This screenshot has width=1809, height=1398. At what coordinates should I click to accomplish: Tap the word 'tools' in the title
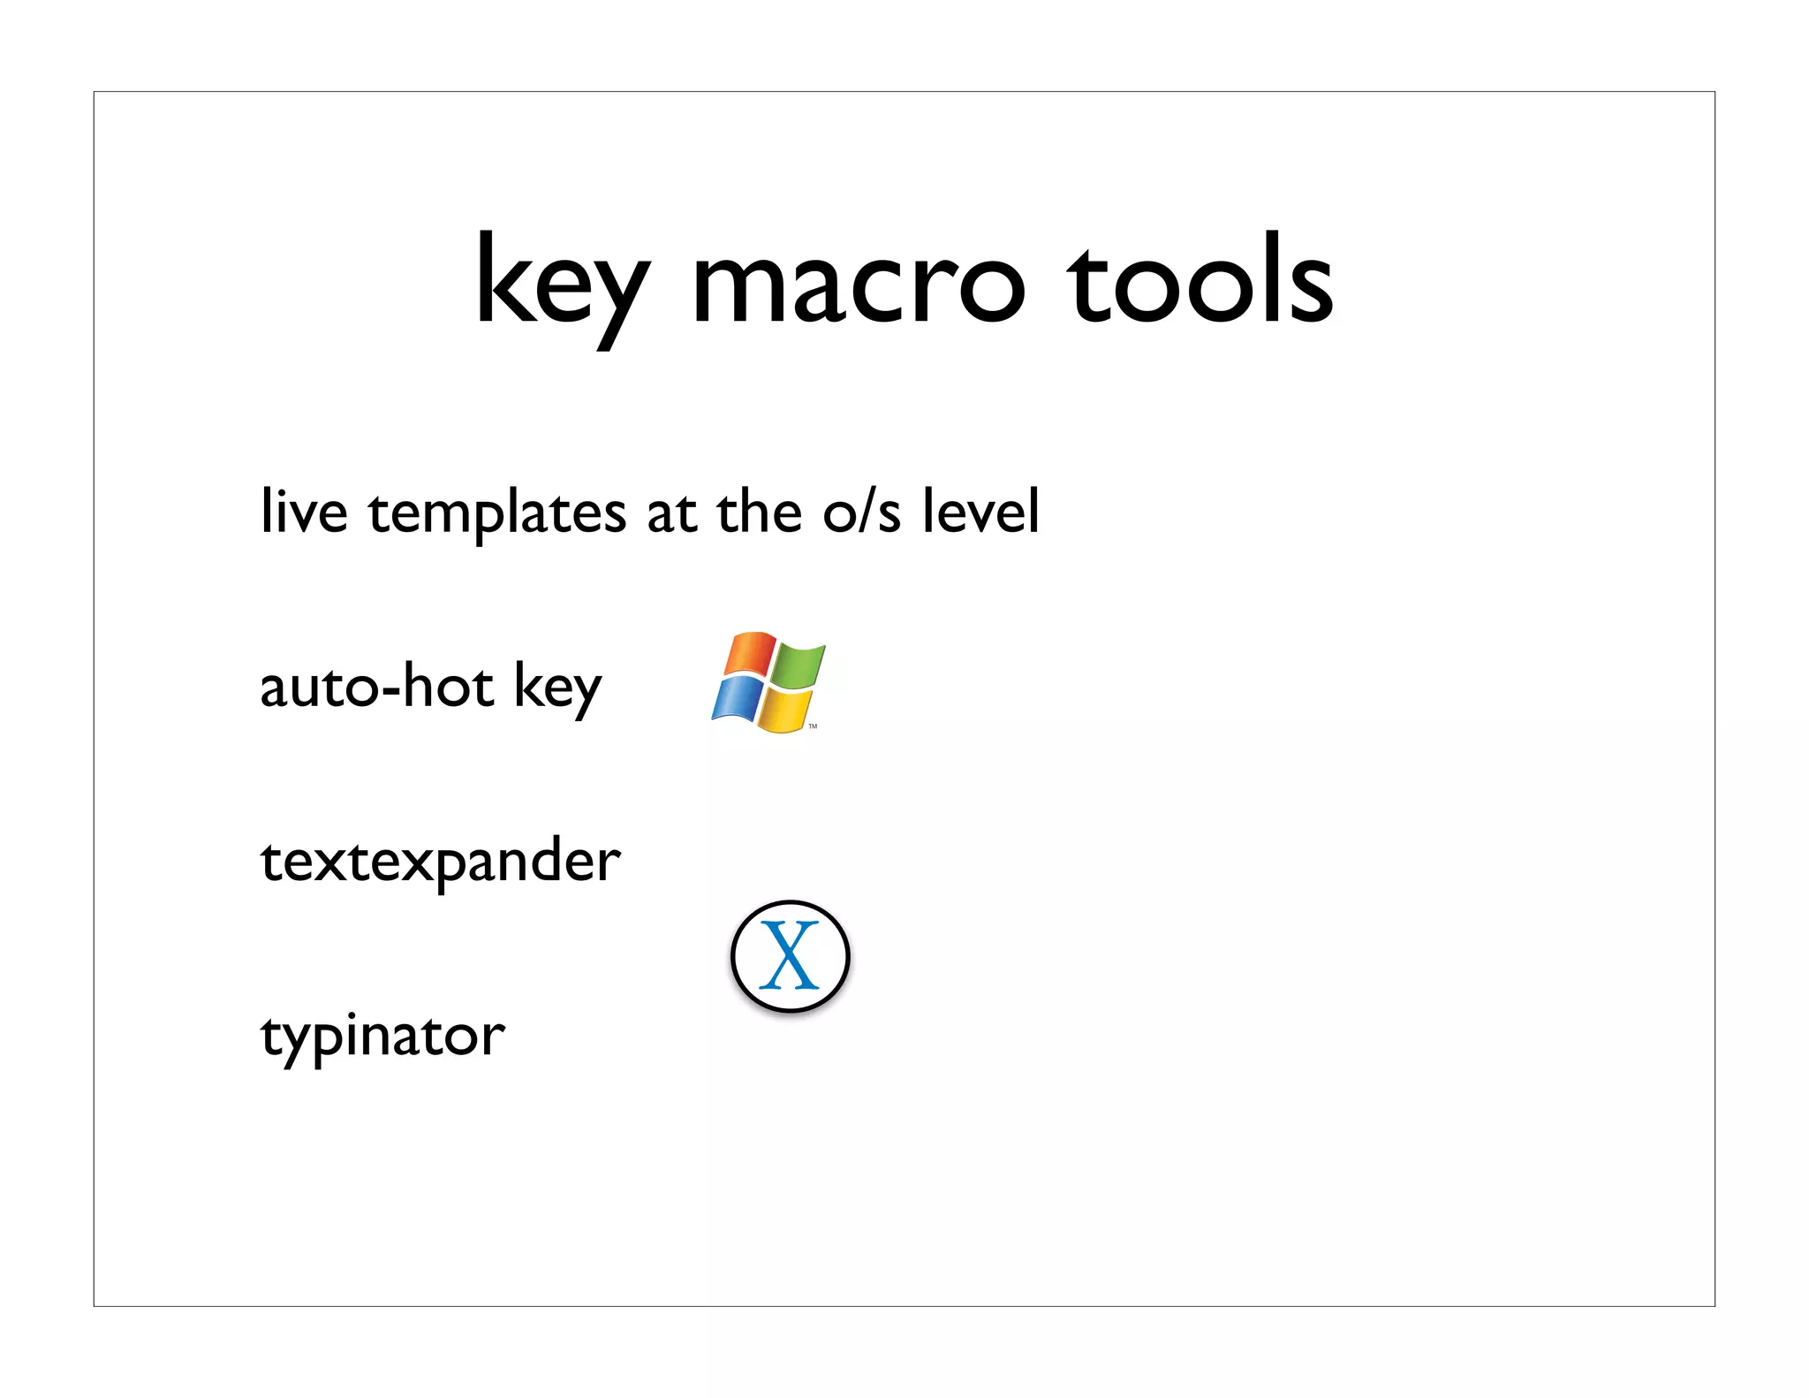coord(1200,281)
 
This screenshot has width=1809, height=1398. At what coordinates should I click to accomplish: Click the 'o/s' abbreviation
coord(861,513)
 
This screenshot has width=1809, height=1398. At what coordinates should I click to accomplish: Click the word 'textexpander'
coord(440,861)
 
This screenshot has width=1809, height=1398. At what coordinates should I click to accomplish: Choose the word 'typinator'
coord(382,1036)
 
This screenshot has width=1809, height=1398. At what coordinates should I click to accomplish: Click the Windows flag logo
coord(768,681)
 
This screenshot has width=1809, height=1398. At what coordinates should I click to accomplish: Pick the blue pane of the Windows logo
coord(737,699)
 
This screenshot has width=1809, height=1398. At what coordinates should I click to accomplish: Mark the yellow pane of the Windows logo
coord(784,710)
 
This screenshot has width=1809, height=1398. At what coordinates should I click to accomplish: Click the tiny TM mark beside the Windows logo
coord(813,726)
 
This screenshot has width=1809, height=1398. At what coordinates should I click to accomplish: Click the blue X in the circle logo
coord(790,955)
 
